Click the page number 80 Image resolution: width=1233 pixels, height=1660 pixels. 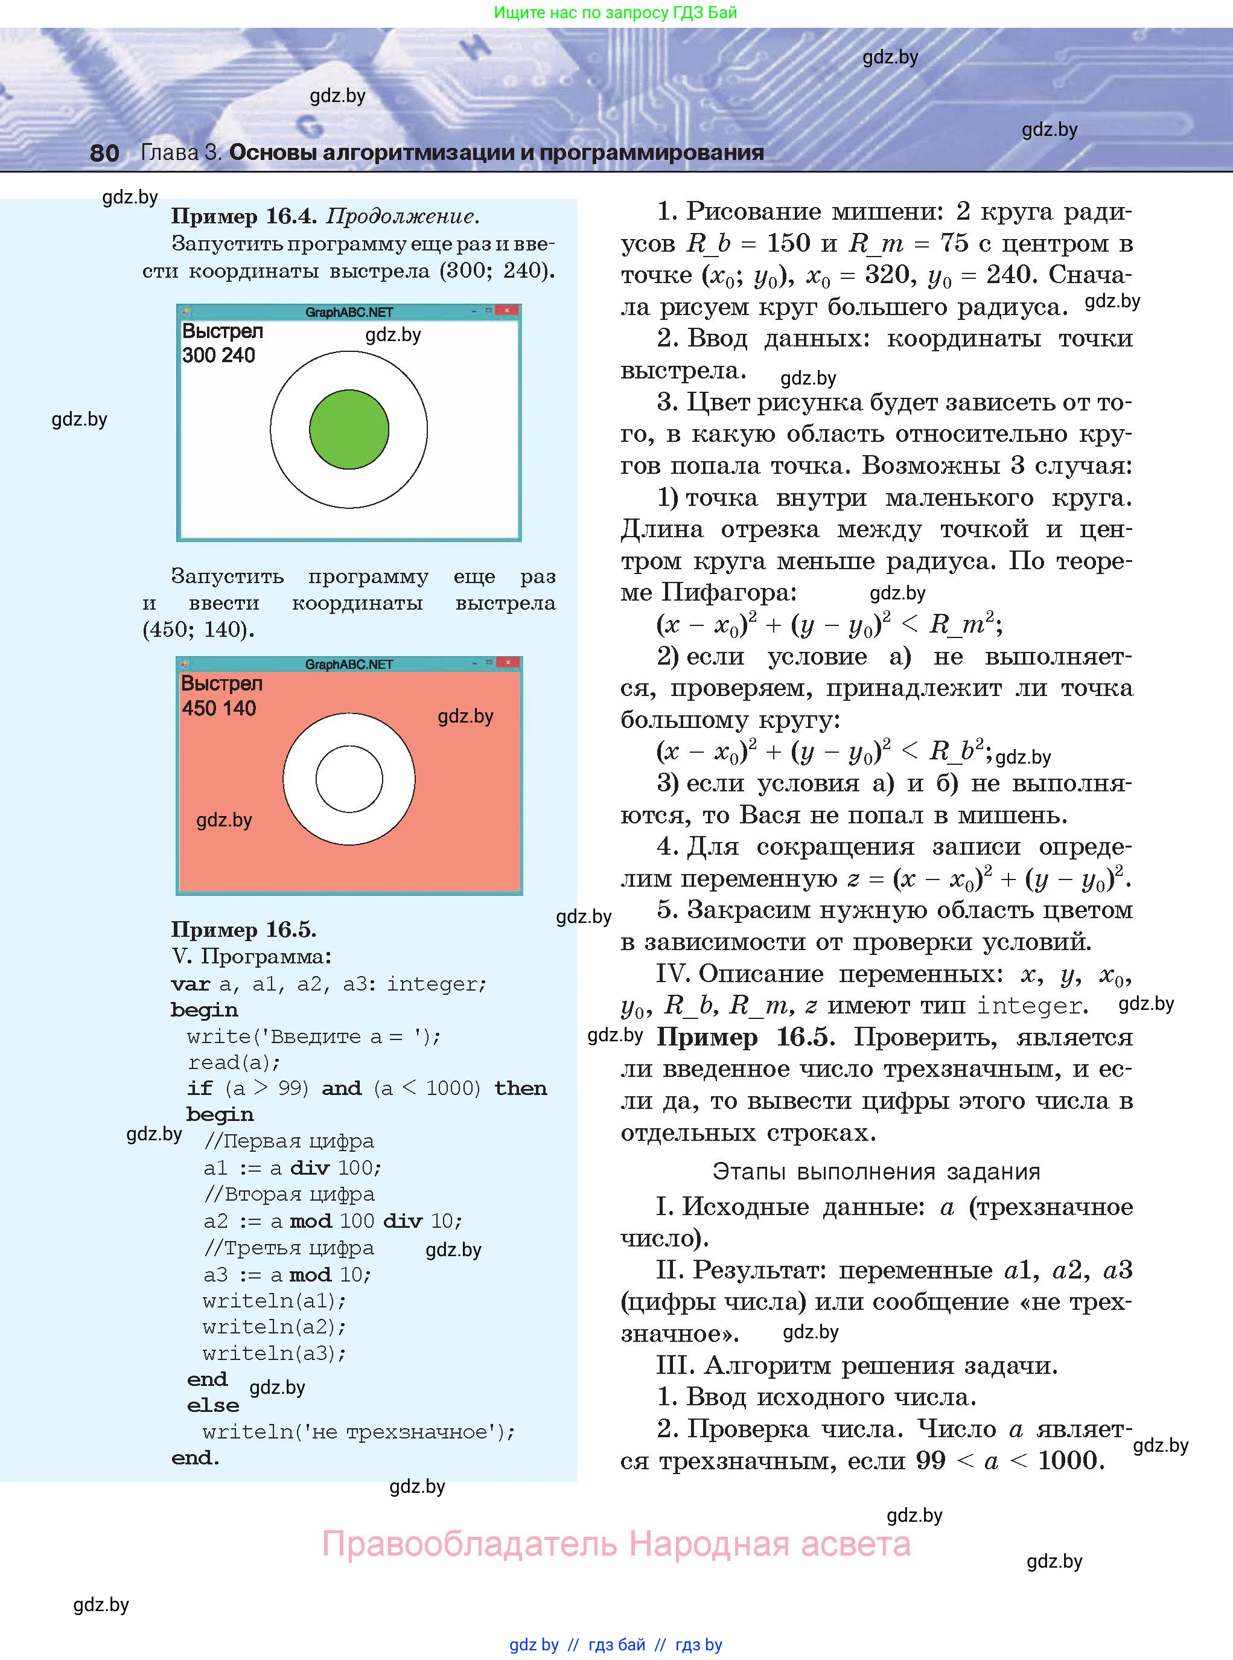(x=104, y=153)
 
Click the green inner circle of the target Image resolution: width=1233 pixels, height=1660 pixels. (x=349, y=429)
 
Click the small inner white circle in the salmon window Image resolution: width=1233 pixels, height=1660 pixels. (x=349, y=779)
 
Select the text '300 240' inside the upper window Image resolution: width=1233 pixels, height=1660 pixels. (x=218, y=356)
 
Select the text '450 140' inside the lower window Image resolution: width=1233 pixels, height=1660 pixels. (x=218, y=708)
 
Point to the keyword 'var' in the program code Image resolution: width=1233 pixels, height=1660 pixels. (x=190, y=984)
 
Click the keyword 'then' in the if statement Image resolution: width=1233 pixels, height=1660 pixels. (x=520, y=1088)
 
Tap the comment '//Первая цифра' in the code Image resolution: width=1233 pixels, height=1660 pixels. (x=289, y=1141)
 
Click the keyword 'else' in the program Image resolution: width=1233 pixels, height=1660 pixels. (x=212, y=1405)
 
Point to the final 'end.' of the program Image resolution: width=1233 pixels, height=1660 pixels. (x=195, y=1458)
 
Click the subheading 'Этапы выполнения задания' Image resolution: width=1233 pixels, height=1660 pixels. (x=876, y=1171)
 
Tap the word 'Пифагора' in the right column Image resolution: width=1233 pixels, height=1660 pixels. (x=728, y=593)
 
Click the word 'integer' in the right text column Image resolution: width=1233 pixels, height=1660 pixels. (x=1029, y=1006)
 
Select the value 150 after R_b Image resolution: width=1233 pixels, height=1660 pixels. (x=788, y=243)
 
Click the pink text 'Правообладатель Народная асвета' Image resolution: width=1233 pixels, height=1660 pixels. (x=616, y=1543)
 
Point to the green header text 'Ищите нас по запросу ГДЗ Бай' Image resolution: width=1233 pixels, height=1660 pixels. (x=616, y=13)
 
